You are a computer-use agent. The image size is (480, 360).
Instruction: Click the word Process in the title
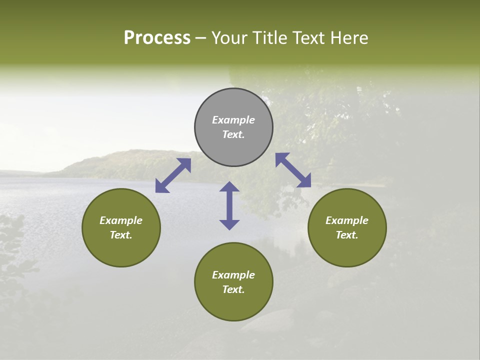(x=157, y=38)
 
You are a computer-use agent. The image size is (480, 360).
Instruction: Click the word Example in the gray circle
(x=233, y=120)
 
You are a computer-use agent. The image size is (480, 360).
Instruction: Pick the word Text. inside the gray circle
(x=233, y=134)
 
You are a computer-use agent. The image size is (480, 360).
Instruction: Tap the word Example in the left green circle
(x=121, y=220)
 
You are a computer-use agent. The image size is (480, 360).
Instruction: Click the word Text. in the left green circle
(x=121, y=235)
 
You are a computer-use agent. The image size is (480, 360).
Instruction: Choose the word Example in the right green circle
(x=347, y=220)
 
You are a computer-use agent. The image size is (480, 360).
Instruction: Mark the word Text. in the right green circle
(x=347, y=235)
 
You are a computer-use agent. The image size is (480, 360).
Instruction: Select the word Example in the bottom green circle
(x=233, y=275)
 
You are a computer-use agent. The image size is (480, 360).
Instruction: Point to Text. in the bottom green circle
(x=233, y=289)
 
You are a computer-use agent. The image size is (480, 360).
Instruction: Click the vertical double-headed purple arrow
(x=229, y=206)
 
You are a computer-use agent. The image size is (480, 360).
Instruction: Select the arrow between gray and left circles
(x=173, y=175)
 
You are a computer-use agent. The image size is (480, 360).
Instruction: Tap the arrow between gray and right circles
(x=293, y=170)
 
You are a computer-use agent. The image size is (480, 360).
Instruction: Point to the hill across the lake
(x=125, y=162)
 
